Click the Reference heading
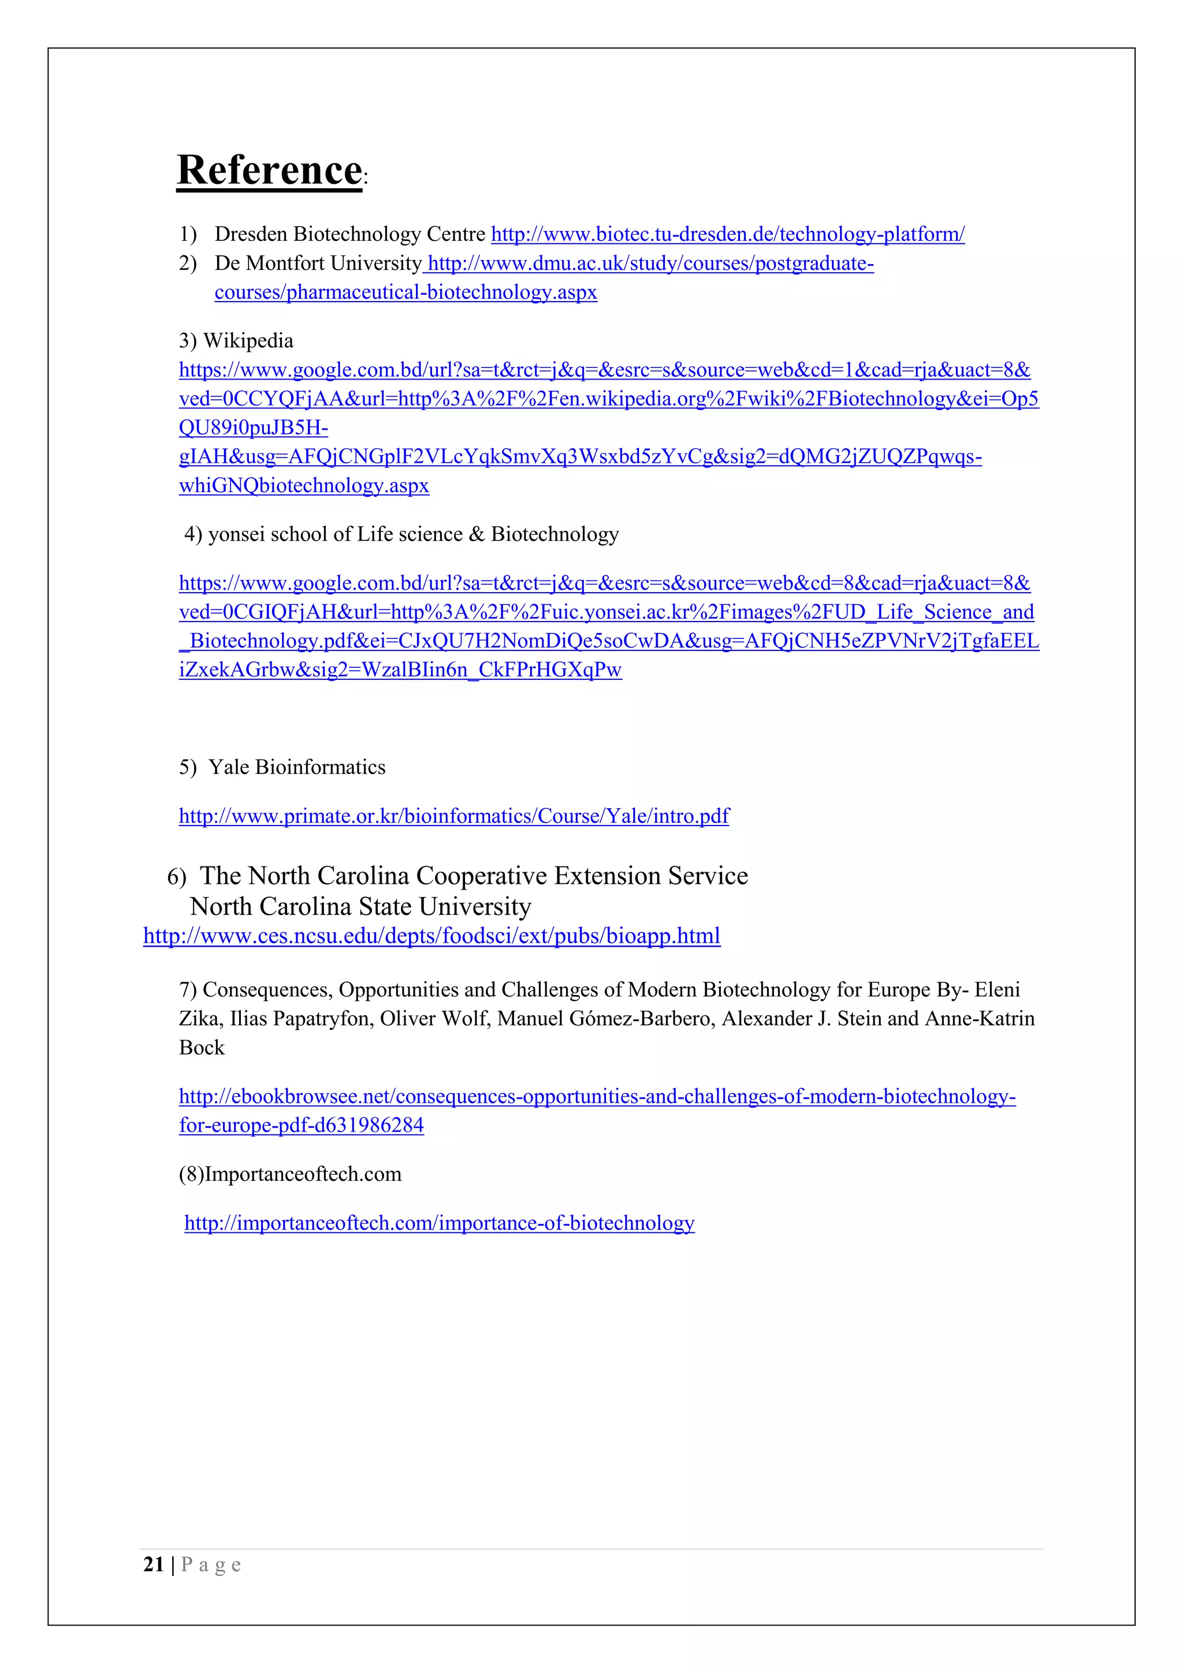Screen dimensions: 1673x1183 (x=270, y=170)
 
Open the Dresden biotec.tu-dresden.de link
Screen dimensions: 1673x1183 (x=727, y=235)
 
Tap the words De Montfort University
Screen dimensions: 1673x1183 (x=318, y=263)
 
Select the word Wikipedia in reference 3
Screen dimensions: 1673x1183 (x=248, y=341)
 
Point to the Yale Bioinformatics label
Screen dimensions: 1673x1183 (x=296, y=767)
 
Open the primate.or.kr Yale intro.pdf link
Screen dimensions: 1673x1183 (x=454, y=816)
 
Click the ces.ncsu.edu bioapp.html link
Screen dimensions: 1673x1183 (x=431, y=936)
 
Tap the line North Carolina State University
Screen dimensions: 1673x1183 (x=360, y=906)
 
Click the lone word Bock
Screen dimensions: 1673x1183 (x=202, y=1048)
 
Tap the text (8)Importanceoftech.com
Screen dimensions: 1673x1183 (x=290, y=1174)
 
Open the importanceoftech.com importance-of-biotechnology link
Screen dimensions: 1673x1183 (x=439, y=1223)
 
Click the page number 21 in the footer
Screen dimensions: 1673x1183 (x=154, y=1564)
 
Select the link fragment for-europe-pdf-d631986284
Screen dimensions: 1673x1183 (x=301, y=1125)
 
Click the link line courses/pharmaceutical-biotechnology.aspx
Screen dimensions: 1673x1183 (x=406, y=292)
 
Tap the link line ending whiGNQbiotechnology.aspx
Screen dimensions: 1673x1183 (x=304, y=486)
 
